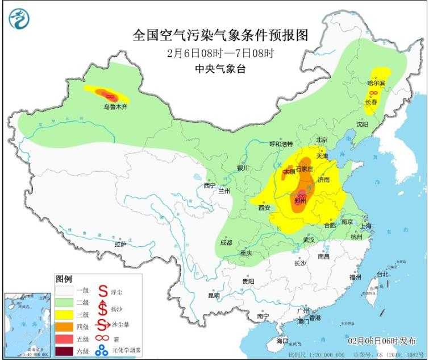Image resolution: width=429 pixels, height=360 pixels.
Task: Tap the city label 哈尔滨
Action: [376, 83]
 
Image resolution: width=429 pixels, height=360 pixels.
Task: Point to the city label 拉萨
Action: [120, 244]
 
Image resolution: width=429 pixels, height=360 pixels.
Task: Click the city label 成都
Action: [226, 243]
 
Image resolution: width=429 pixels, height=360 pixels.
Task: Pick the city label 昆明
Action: [213, 296]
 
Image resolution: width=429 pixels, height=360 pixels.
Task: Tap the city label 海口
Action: [282, 341]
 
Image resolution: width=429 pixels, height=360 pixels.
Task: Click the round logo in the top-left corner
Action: [19, 19]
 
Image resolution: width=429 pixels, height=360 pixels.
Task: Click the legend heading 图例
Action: [64, 279]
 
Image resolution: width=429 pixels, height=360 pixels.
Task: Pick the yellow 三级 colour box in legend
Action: [64, 315]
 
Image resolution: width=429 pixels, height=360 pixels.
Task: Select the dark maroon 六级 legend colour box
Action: [64, 350]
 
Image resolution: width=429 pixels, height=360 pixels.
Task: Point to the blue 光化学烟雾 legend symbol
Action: [102, 350]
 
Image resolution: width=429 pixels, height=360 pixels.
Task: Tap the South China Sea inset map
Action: [27, 325]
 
